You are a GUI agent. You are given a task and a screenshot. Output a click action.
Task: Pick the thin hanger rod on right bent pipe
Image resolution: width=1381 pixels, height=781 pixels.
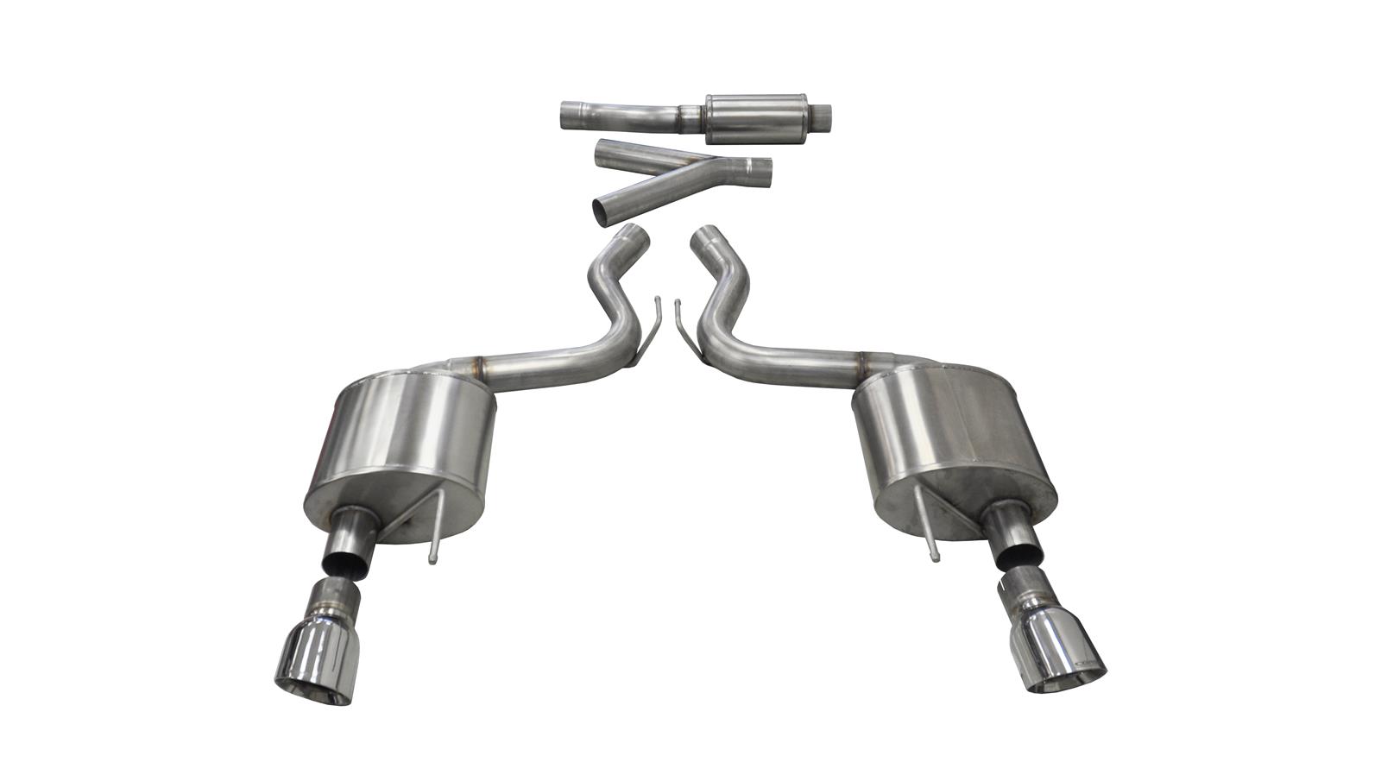coord(681,324)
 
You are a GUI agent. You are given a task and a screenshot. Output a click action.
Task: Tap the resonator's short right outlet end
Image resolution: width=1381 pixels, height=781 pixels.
coord(824,113)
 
